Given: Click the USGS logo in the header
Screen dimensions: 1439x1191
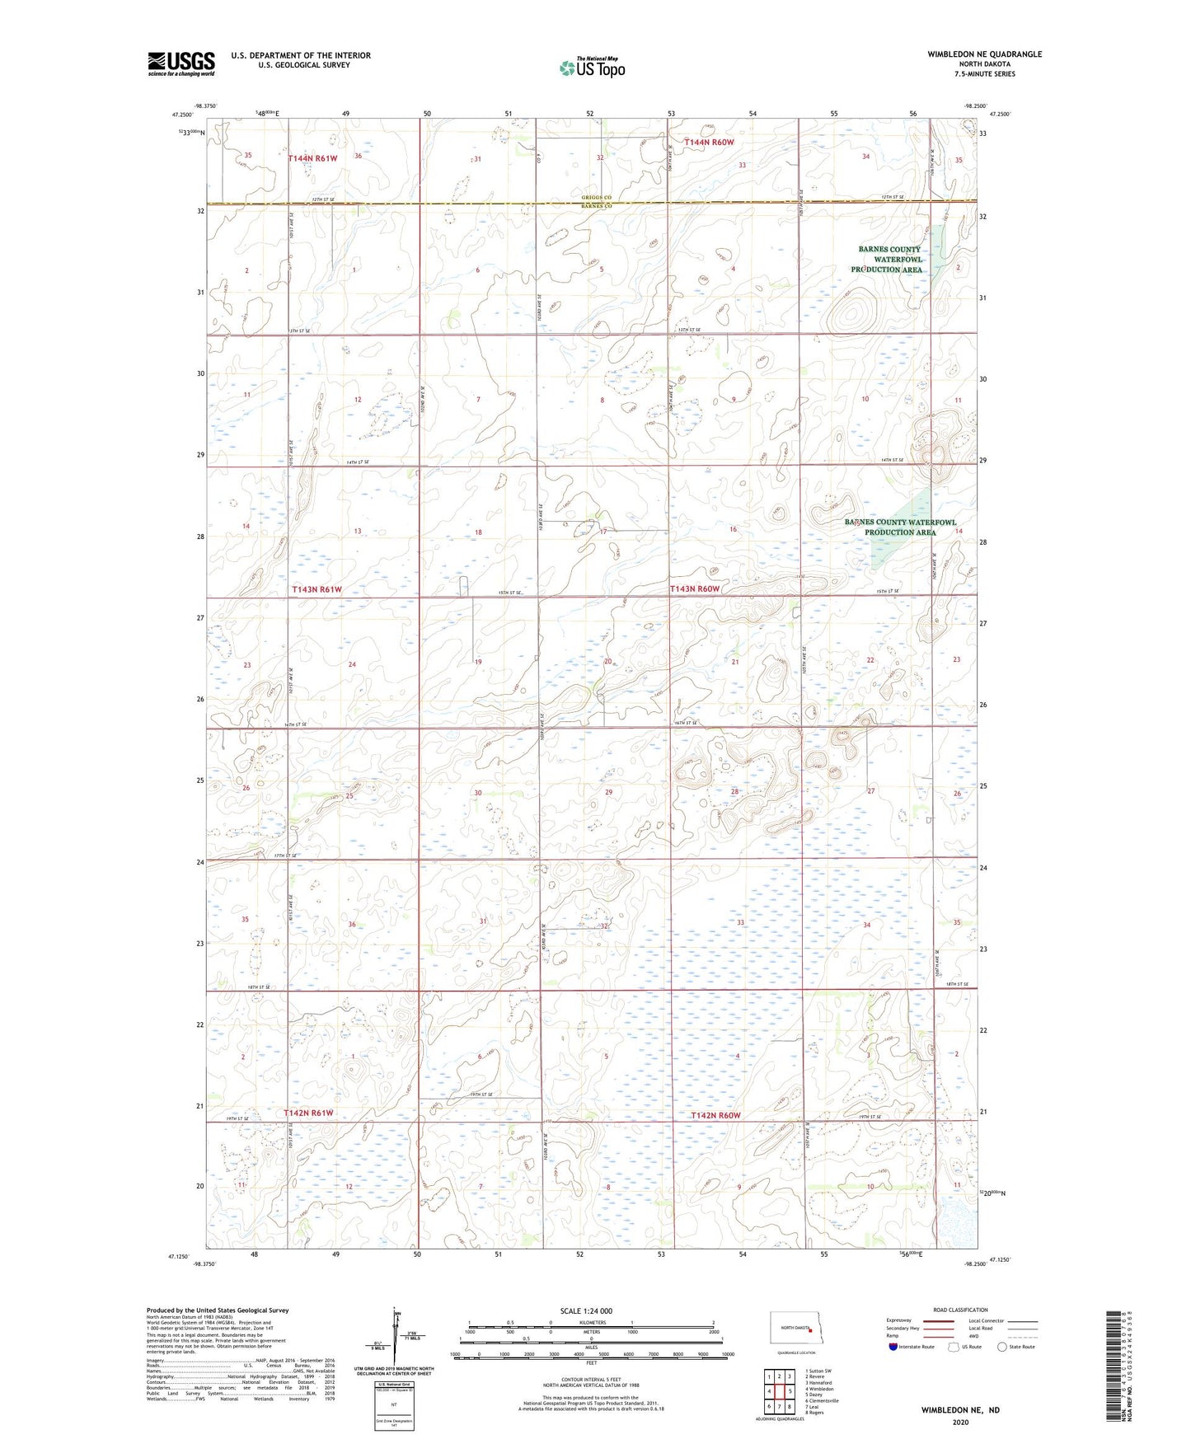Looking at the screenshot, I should coord(181,63).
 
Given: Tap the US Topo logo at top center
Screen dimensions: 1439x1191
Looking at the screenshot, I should coord(591,68).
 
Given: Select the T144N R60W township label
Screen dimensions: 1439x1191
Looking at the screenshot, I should coord(703,143).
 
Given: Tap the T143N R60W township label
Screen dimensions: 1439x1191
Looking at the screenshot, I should coord(695,588).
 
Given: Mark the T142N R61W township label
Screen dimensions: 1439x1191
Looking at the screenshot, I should coord(308,1113).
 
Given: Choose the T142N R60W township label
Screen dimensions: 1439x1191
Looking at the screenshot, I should coord(715,1115).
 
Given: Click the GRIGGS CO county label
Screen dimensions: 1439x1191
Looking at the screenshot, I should coord(597,198).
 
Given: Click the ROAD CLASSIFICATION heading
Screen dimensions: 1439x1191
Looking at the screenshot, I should coord(960,1310).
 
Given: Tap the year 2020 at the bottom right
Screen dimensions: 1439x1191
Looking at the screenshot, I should coord(960,1422).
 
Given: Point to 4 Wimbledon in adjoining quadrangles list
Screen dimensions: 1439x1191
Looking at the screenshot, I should coord(819,1389).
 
